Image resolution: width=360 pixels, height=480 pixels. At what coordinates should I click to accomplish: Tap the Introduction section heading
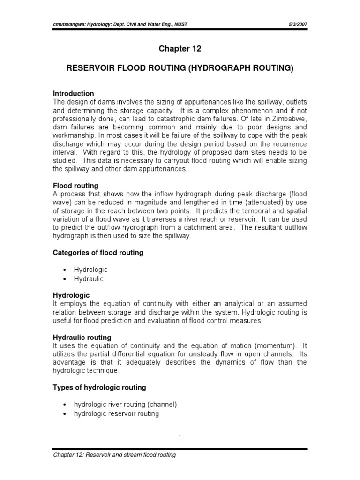coord(73,94)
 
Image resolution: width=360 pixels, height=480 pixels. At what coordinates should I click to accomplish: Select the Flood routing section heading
coord(75,186)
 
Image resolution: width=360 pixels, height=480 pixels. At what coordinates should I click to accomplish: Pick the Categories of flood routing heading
coord(97,253)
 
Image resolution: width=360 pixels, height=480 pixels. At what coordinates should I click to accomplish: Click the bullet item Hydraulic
coord(88,279)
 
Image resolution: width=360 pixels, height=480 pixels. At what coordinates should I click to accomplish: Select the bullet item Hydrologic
coord(90,270)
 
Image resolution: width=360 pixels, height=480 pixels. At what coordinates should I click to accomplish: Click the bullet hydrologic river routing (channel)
coord(125,404)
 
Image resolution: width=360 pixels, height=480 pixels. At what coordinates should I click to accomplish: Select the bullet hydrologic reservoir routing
coord(116,413)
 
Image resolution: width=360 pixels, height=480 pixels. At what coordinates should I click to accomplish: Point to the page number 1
coord(180,437)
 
